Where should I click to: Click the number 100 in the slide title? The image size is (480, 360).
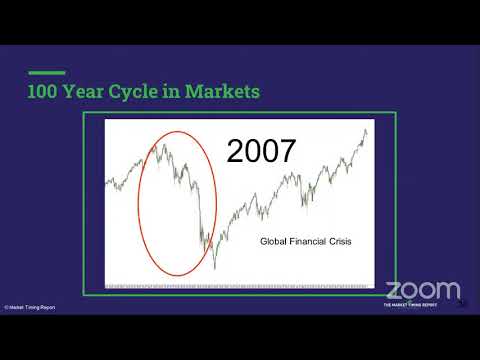[44, 92]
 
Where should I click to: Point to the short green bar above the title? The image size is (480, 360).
[45, 73]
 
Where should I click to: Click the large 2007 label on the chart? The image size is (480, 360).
[261, 151]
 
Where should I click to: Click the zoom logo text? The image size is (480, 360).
[423, 290]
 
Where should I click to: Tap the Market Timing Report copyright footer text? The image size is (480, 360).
[30, 307]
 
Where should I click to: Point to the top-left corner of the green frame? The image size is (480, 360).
[84, 115]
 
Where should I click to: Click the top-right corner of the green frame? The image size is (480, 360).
[395, 115]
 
